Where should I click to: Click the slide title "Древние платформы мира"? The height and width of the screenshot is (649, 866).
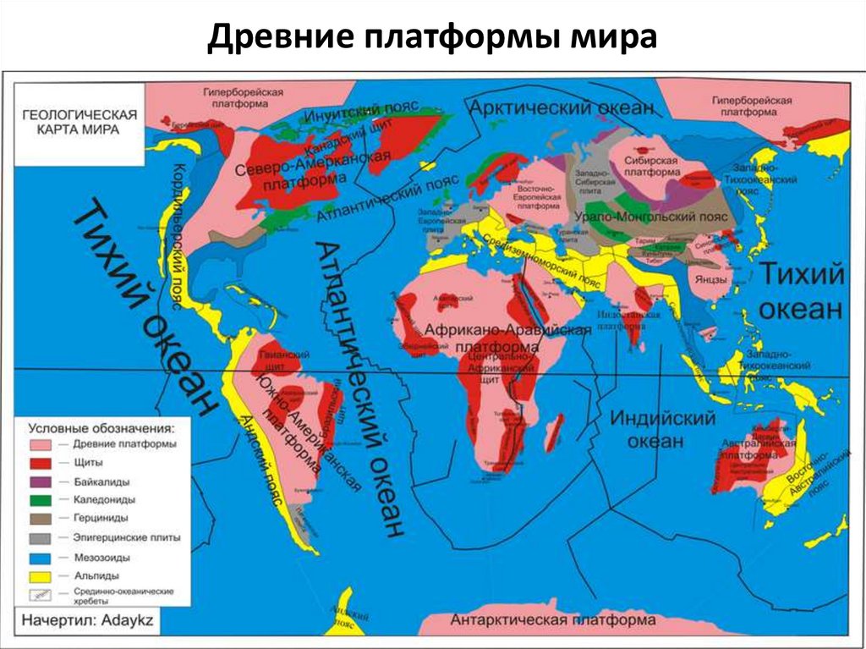click(x=432, y=38)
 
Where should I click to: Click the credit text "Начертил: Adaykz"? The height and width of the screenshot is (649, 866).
click(x=88, y=619)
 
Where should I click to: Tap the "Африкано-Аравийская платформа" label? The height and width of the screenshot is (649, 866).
click(x=507, y=338)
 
